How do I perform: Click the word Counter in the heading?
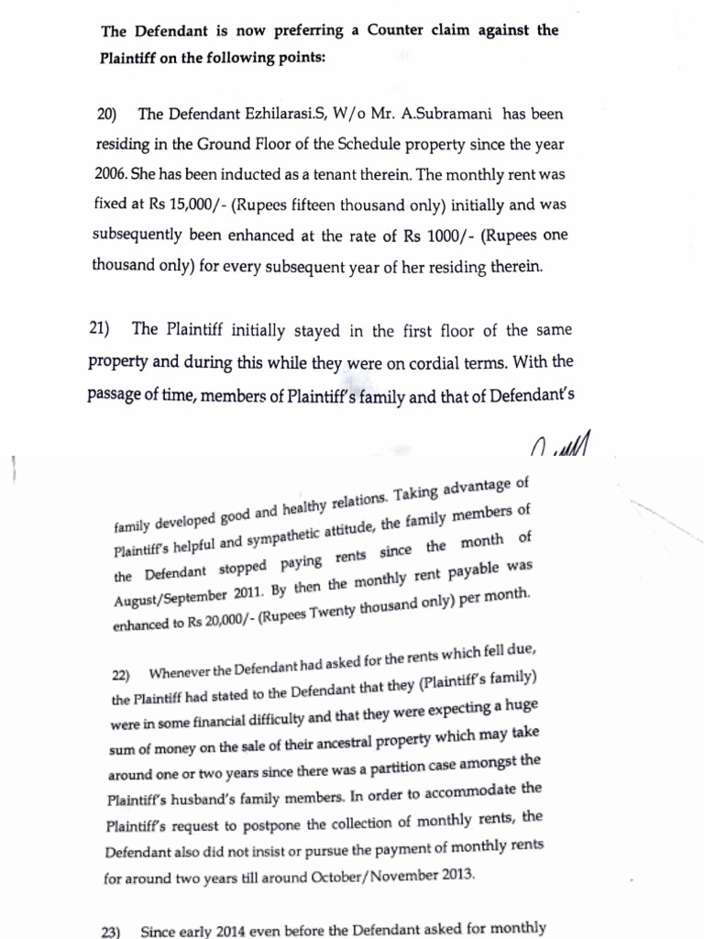pos(400,30)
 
